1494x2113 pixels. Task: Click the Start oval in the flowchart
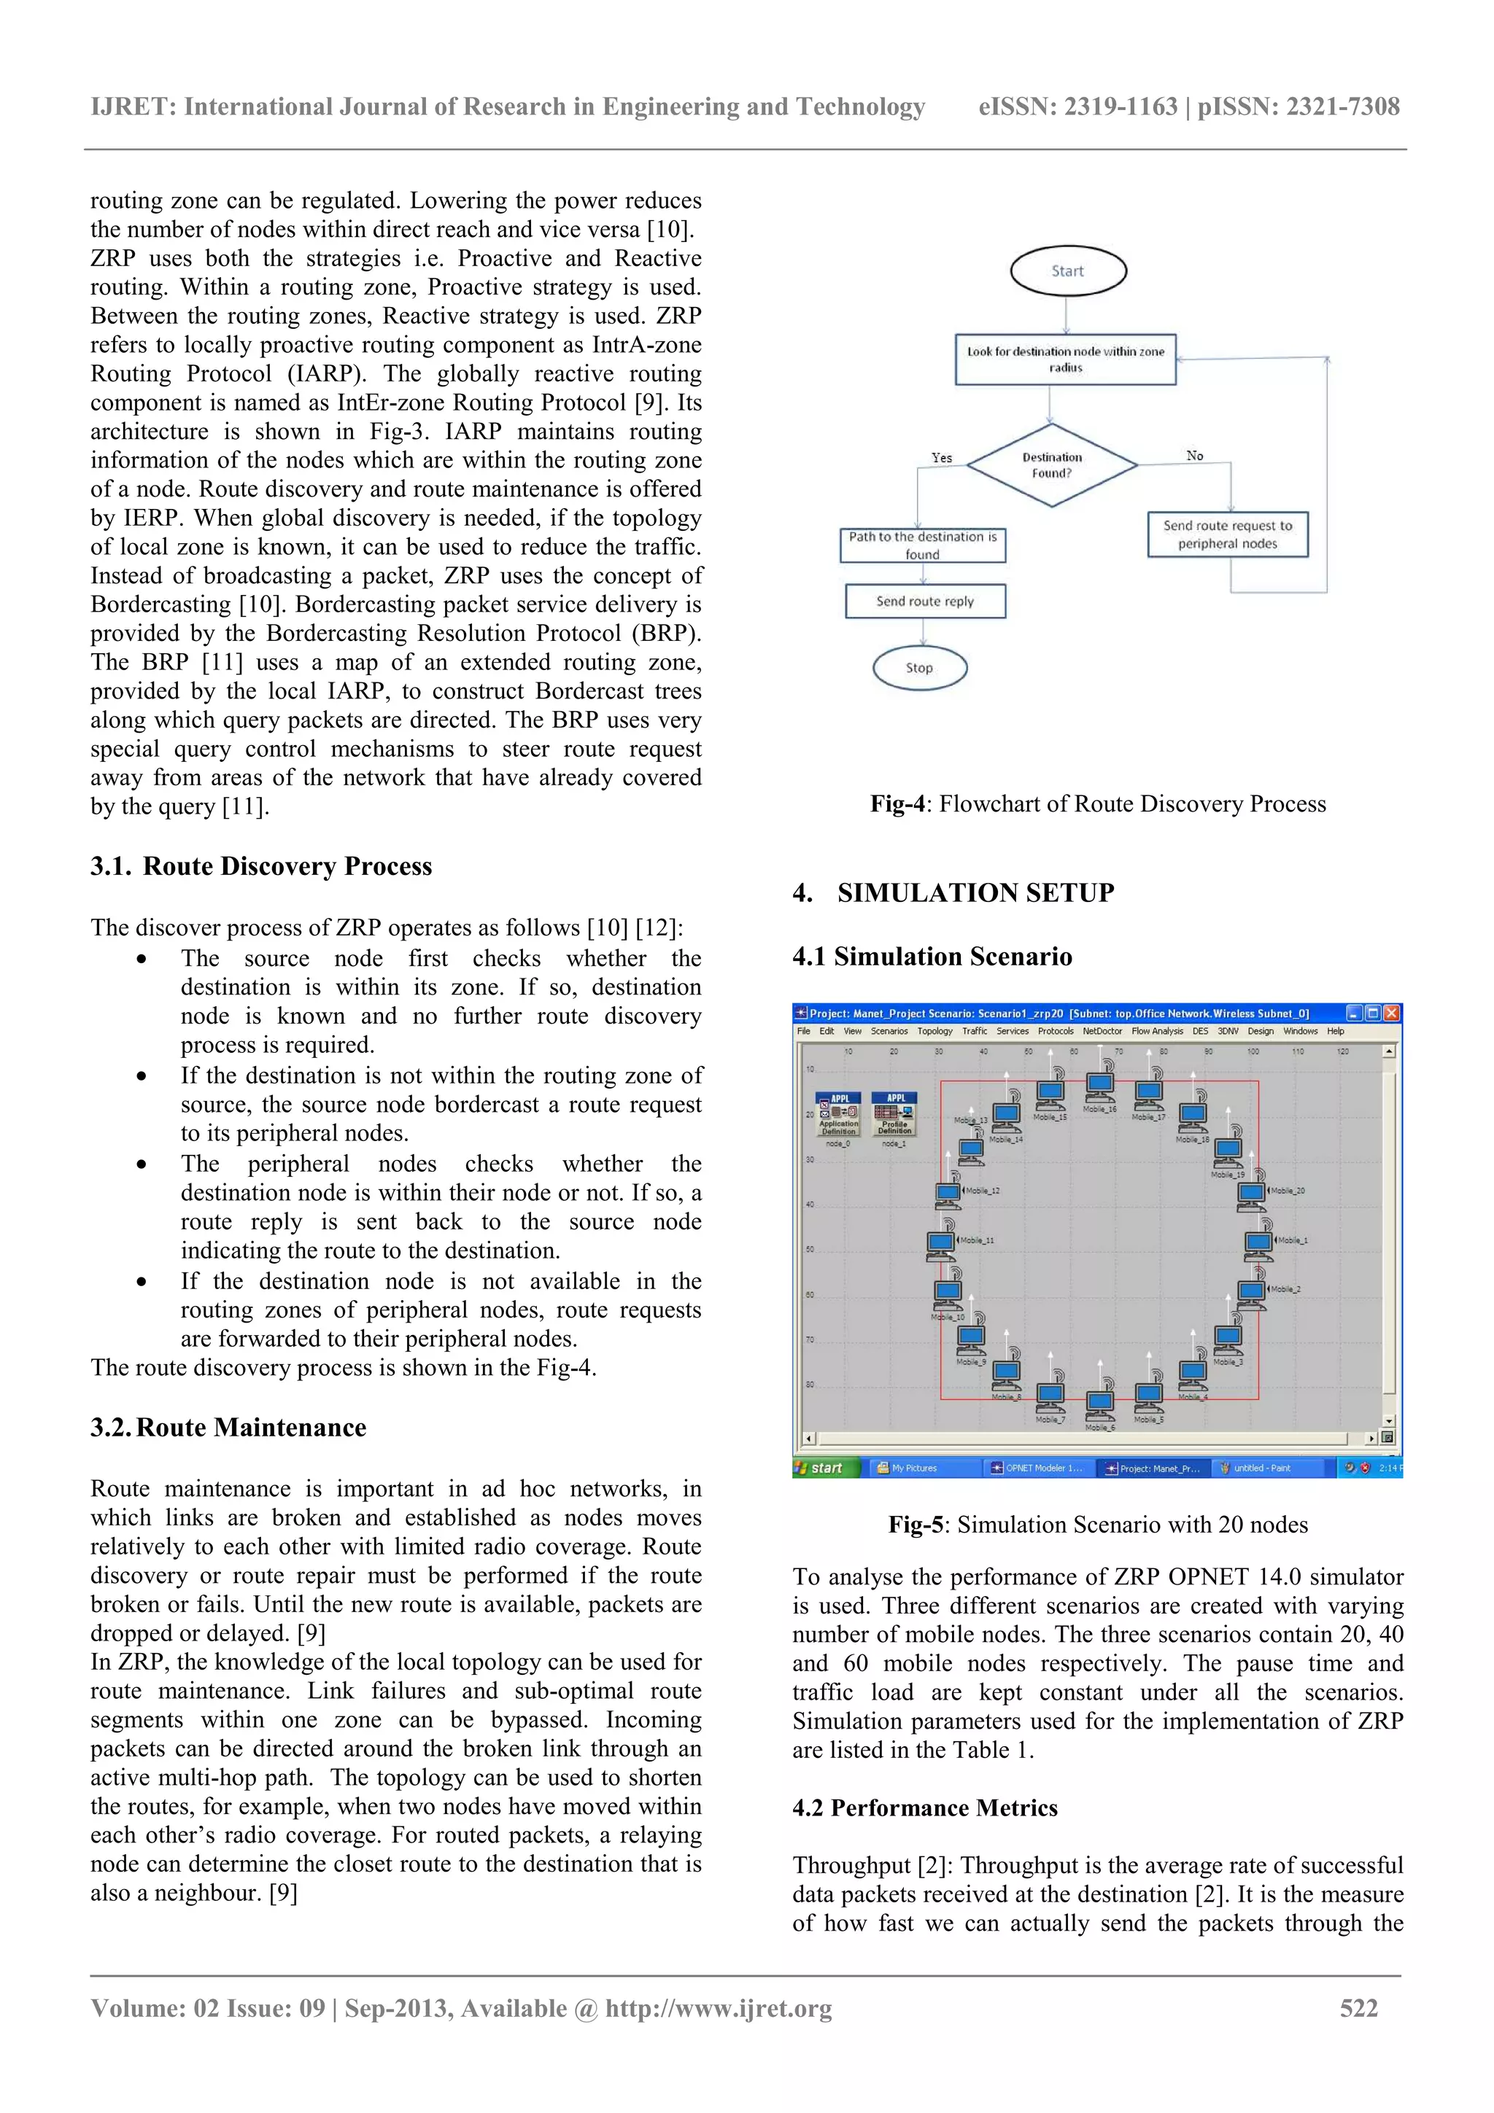click(x=1068, y=271)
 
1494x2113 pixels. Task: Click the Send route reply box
click(x=924, y=601)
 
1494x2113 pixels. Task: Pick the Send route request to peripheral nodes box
click(x=1227, y=534)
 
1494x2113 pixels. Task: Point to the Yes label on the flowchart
click(x=941, y=457)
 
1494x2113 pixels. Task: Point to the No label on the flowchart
click(x=1194, y=456)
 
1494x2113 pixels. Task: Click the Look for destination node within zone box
click(x=1065, y=359)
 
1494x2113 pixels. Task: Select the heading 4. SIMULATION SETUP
click(x=953, y=892)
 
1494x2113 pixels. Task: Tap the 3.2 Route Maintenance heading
click(x=228, y=1428)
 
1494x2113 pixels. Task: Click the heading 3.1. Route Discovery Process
click(x=261, y=866)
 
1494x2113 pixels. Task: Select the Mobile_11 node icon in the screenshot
click(x=941, y=1243)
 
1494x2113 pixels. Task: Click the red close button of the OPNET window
click(x=1391, y=1013)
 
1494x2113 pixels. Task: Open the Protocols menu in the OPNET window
click(x=1055, y=1032)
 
